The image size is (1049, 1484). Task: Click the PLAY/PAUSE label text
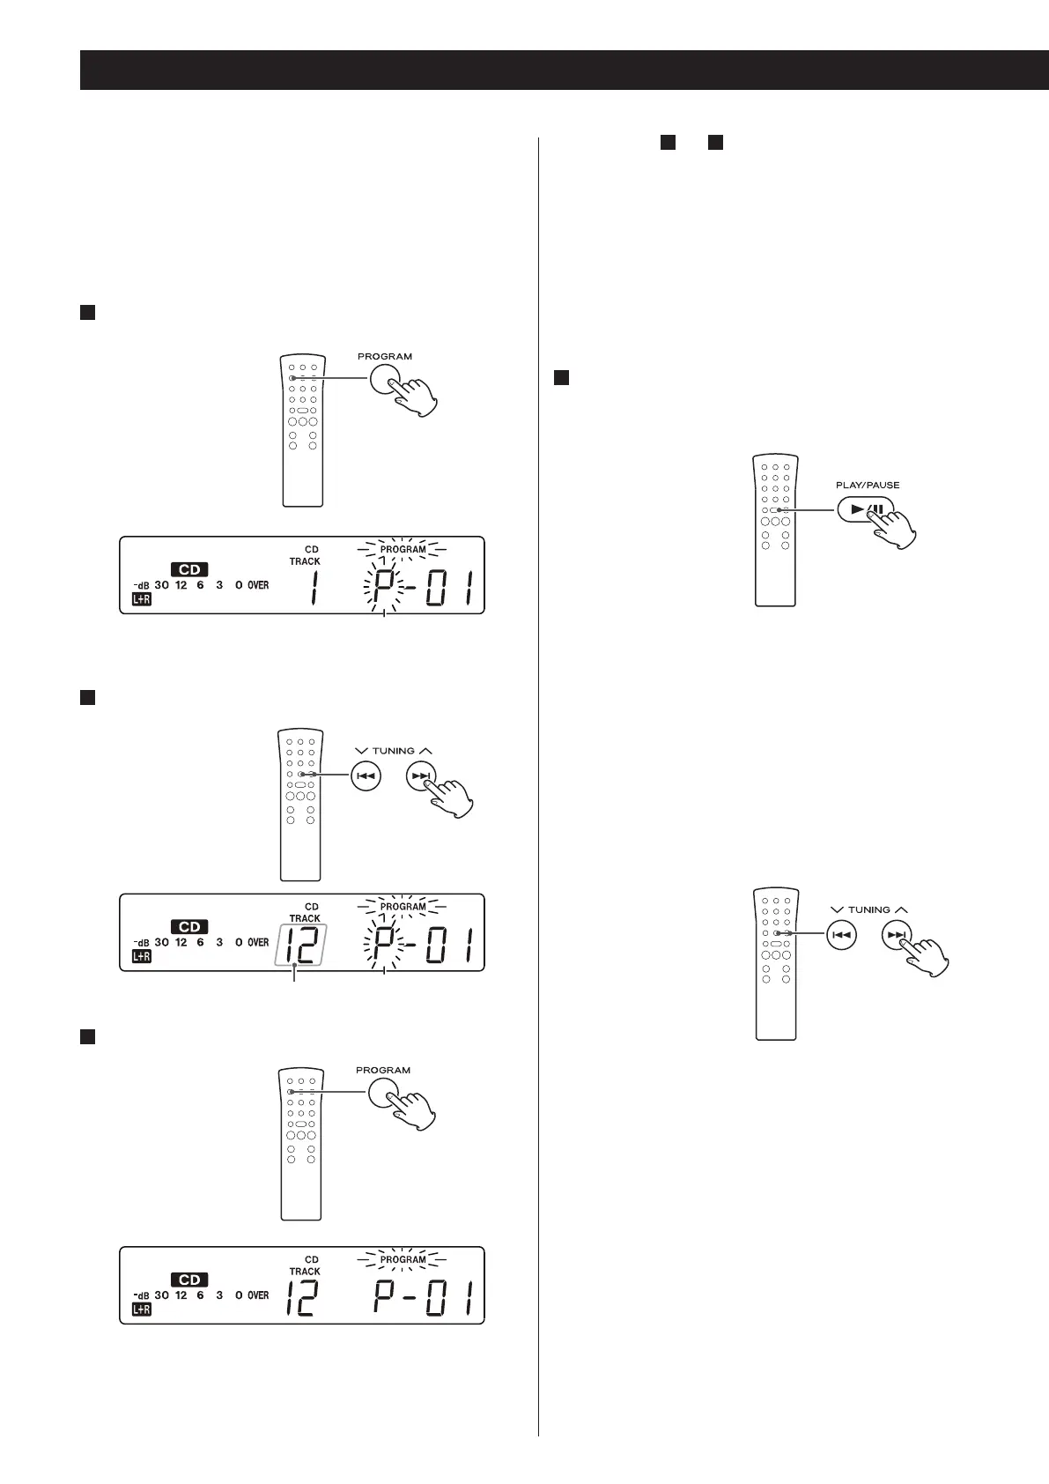click(x=867, y=485)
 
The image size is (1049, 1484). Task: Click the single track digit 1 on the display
click(x=314, y=588)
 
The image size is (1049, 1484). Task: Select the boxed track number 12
click(x=299, y=946)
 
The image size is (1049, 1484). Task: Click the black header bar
click(x=564, y=70)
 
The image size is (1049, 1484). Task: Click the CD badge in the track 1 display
click(x=188, y=569)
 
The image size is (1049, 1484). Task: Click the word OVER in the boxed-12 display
click(x=258, y=942)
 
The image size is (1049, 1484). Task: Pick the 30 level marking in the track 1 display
click(x=161, y=585)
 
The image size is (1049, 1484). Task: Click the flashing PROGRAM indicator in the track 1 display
click(x=403, y=549)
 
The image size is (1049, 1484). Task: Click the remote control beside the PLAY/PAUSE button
click(x=775, y=530)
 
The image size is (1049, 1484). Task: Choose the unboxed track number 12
click(x=301, y=1298)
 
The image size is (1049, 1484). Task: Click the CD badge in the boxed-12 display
click(x=189, y=926)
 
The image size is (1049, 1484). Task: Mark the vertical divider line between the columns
click(x=538, y=793)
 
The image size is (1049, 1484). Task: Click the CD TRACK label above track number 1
click(x=307, y=555)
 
